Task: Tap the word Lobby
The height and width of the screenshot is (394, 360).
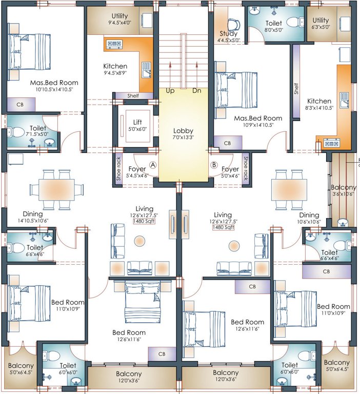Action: (x=183, y=131)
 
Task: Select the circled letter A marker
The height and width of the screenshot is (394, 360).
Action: (x=153, y=165)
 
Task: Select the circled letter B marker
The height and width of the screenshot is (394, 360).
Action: (x=214, y=165)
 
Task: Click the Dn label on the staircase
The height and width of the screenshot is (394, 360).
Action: (x=197, y=91)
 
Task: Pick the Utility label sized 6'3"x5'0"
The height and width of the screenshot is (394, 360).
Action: (x=321, y=20)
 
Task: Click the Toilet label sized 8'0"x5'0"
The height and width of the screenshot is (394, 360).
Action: (x=274, y=23)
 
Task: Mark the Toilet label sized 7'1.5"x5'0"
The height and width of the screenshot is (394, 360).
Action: (x=37, y=128)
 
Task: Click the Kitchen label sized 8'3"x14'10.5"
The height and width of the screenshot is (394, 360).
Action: (x=319, y=101)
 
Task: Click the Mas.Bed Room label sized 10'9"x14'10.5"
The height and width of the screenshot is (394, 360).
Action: (x=258, y=118)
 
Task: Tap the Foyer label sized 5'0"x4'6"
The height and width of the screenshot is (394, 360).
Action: (x=230, y=169)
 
